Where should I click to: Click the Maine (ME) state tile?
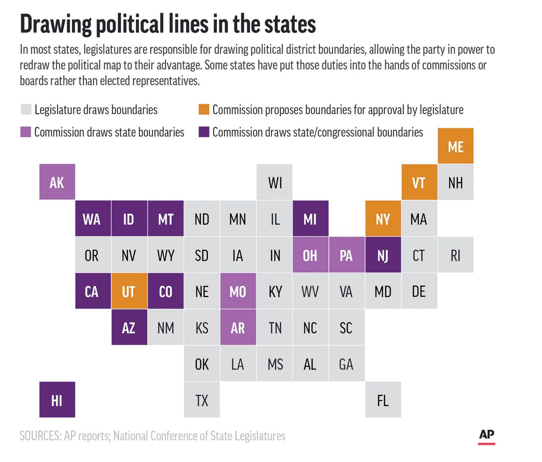456,146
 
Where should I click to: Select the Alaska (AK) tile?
57,182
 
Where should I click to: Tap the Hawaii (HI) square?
57,400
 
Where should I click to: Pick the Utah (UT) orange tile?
129,291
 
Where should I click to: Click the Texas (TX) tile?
202,400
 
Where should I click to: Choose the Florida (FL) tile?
383,400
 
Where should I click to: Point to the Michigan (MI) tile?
310,219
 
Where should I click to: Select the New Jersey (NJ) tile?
383,255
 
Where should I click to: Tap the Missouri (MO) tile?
238,291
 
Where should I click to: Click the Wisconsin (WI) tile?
274,182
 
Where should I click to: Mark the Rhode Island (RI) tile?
456,255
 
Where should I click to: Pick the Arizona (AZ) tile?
129,327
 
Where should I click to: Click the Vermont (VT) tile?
419,182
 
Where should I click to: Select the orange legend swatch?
204,109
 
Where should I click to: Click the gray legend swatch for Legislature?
26,109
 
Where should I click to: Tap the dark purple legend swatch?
204,132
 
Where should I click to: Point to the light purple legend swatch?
26,132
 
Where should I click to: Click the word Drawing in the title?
55,24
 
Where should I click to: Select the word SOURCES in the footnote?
40,436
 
